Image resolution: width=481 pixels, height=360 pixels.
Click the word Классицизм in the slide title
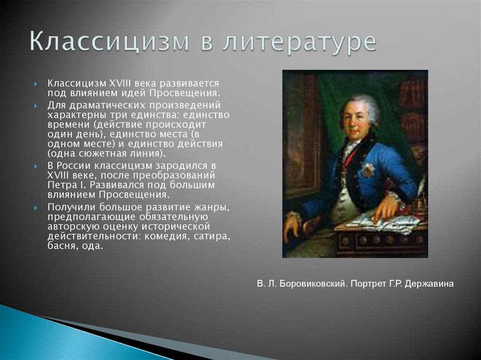(109, 42)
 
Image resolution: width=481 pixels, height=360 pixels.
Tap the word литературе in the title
(299, 43)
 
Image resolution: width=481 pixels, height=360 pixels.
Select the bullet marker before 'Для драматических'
(36, 106)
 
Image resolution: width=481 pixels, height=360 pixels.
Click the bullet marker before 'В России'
(36, 167)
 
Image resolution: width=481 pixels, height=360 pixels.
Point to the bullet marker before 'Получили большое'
(36, 208)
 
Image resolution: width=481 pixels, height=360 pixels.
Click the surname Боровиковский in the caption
(313, 283)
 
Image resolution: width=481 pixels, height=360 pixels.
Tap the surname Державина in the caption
(429, 283)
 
